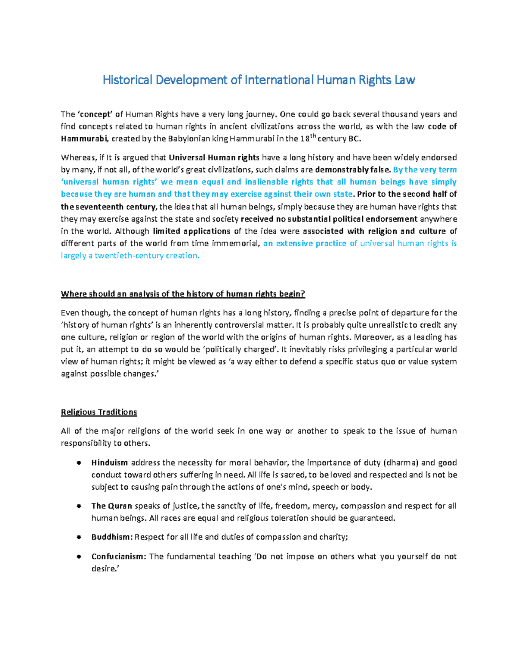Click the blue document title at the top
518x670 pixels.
259,80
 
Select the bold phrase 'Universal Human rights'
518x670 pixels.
214,157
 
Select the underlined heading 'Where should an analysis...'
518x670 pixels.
183,294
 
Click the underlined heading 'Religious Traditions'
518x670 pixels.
99,412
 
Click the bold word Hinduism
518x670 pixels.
110,463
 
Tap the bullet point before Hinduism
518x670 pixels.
79,463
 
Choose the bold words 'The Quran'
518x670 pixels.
111,506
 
